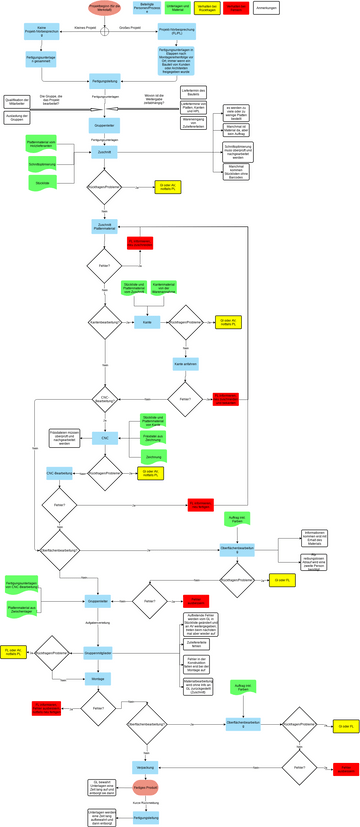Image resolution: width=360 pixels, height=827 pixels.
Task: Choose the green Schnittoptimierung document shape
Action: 41,162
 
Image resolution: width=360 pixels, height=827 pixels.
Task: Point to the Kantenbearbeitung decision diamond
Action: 105,323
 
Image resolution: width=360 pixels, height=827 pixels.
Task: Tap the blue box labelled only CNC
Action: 105,437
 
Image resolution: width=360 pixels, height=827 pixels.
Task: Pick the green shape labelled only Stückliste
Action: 41,184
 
